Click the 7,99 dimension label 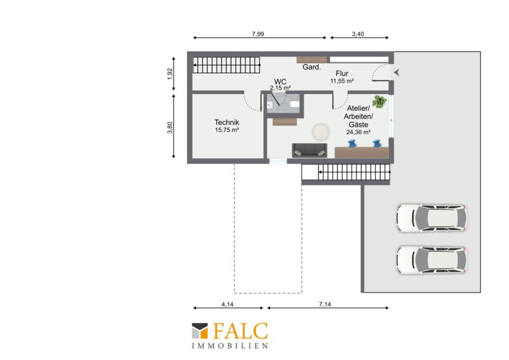coord(258,34)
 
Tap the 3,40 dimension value coord(358,34)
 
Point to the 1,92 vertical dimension coord(170,74)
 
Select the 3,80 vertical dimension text coord(170,127)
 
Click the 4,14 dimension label coord(228,304)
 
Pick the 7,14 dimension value coord(325,304)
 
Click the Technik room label coord(227,122)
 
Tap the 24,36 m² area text coord(358,132)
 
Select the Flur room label coord(342,73)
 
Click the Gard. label coord(312,67)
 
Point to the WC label coord(280,81)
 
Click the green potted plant coord(379,102)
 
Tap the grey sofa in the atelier coord(309,150)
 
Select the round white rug coord(321,132)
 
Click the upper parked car coord(431,218)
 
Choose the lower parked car coord(431,260)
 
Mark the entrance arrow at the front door coord(396,73)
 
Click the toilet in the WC coord(294,104)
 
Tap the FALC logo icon coord(200,331)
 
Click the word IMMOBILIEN coord(230,346)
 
